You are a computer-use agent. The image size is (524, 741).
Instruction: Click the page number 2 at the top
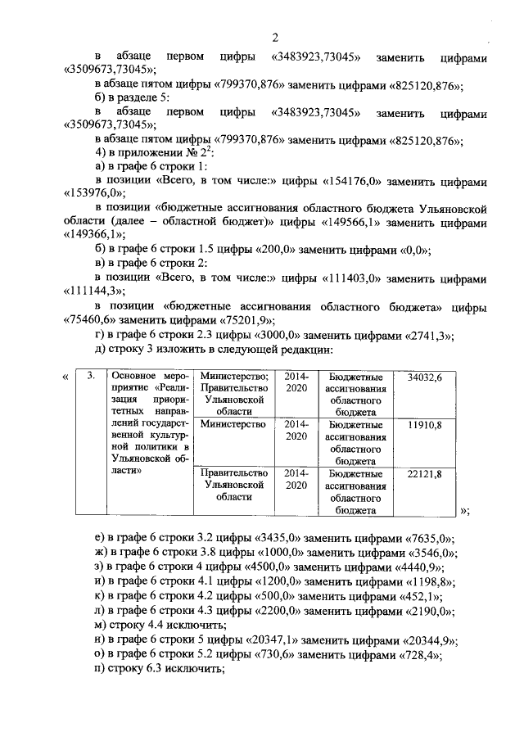click(x=275, y=38)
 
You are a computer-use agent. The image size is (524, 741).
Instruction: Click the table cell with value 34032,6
click(x=424, y=377)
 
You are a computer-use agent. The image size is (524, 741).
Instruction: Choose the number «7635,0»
click(x=430, y=539)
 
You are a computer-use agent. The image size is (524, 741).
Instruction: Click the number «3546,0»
click(x=431, y=553)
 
